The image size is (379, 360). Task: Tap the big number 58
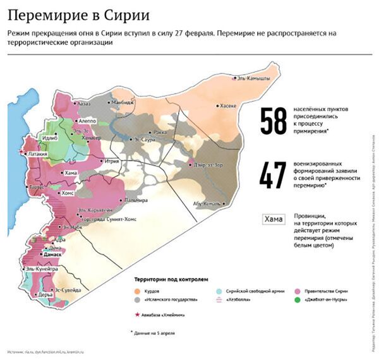click(274, 121)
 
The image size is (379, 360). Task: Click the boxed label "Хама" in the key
click(274, 220)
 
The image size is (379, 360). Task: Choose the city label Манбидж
click(121, 102)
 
